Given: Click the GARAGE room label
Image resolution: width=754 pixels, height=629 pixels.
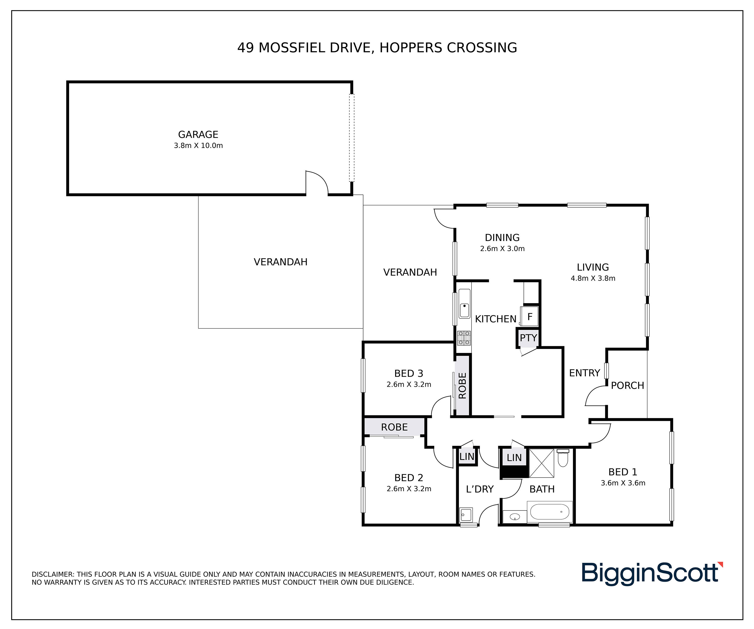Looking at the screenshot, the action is (x=198, y=134).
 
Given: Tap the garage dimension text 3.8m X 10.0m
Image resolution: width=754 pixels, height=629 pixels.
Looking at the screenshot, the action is (x=198, y=146).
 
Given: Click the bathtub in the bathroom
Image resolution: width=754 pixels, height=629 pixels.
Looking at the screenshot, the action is (x=550, y=512).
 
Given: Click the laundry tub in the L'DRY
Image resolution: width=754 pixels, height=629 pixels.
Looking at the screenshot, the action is (x=466, y=515).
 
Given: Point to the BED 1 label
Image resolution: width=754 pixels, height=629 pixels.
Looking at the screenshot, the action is (x=623, y=472).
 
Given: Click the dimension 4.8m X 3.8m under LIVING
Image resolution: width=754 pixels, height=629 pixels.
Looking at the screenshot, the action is (x=593, y=278).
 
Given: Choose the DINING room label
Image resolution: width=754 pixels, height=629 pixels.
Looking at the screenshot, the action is (x=502, y=238).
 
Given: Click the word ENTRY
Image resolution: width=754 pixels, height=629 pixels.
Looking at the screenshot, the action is (x=585, y=373).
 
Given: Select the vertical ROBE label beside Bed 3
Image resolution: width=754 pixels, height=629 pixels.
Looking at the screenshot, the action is (x=462, y=386).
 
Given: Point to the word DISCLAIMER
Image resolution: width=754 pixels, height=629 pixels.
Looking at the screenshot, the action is (x=53, y=574).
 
